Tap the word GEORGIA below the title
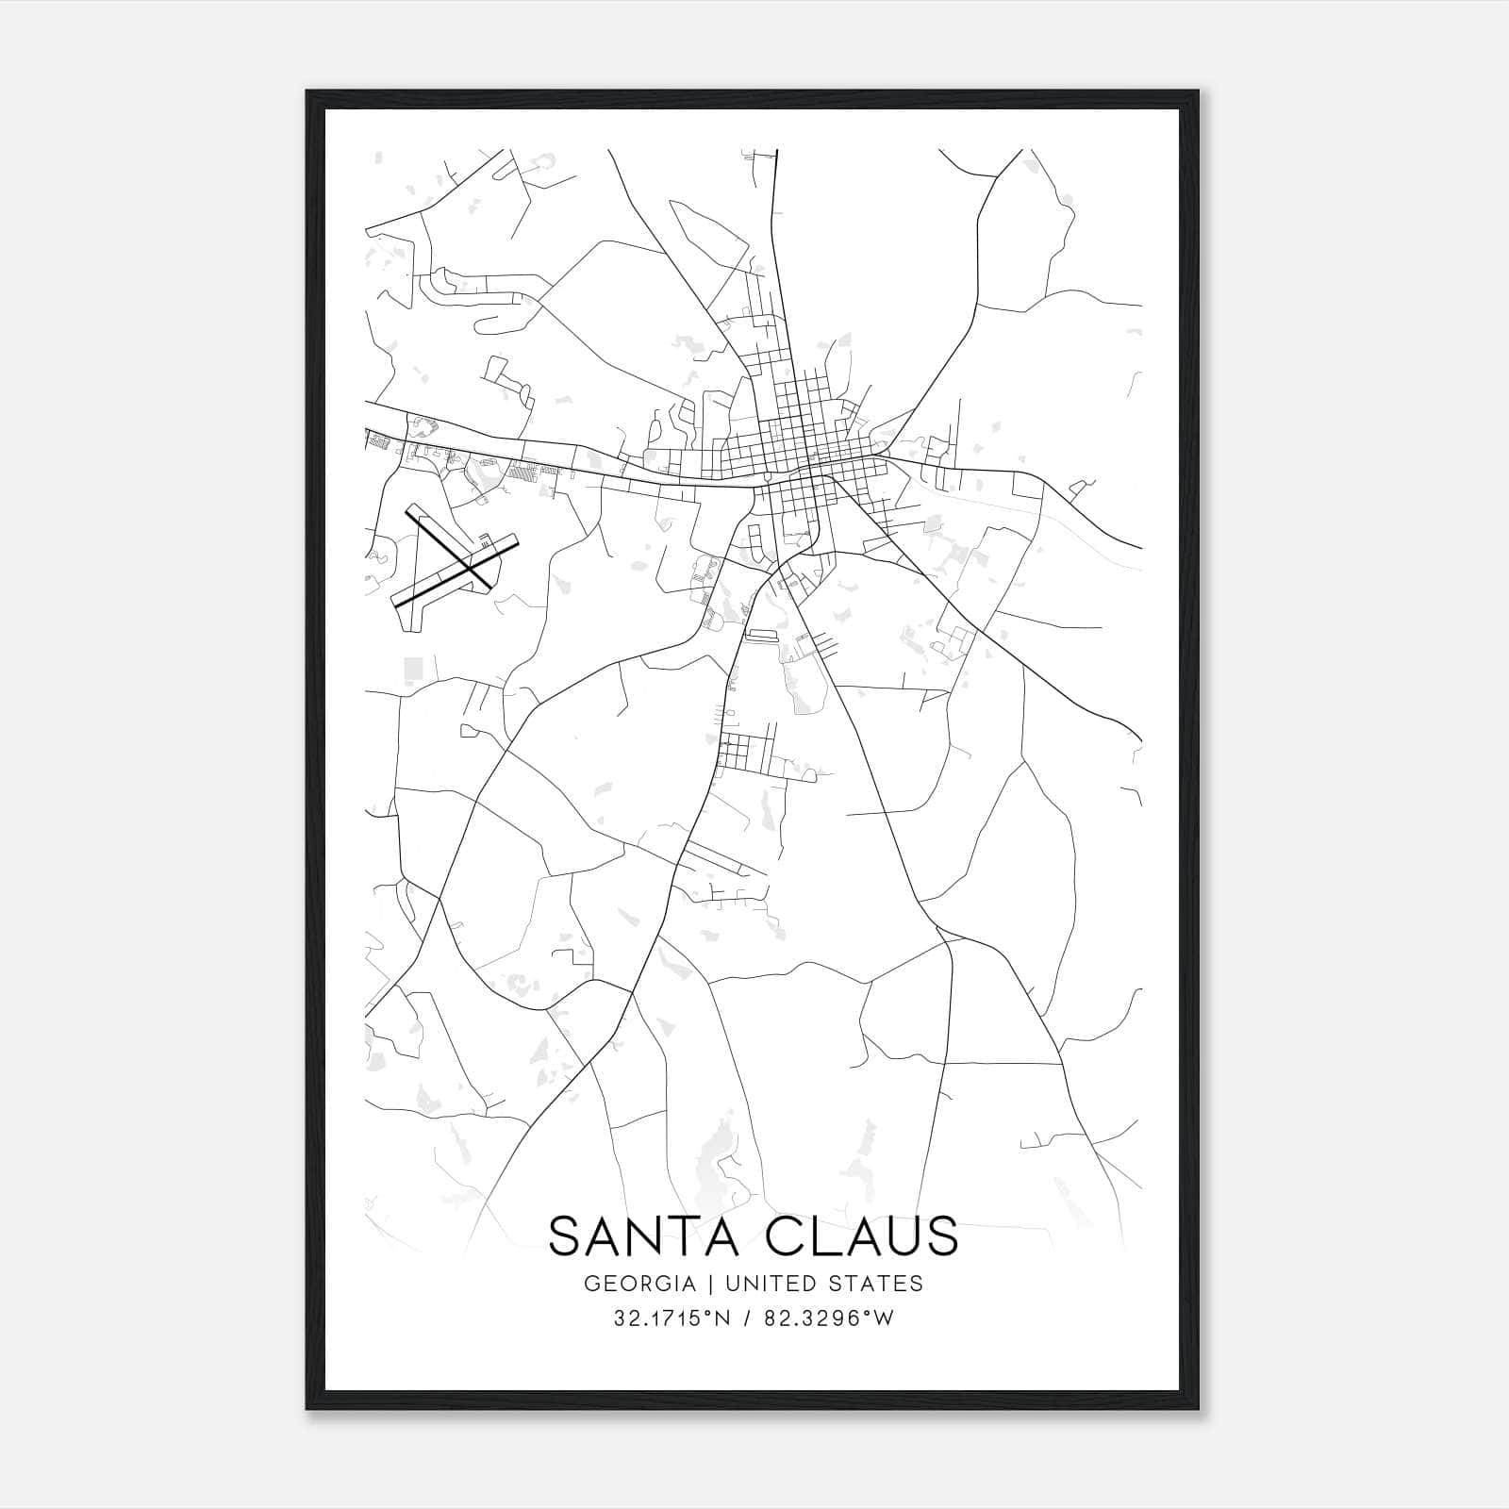point(640,1284)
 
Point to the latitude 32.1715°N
point(672,1318)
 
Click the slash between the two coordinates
point(747,1318)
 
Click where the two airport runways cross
point(469,566)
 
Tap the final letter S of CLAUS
point(942,1236)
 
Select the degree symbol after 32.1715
point(707,1314)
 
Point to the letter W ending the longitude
point(884,1318)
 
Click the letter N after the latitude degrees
point(721,1318)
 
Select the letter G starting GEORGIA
point(591,1284)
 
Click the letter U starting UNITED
point(726,1284)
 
